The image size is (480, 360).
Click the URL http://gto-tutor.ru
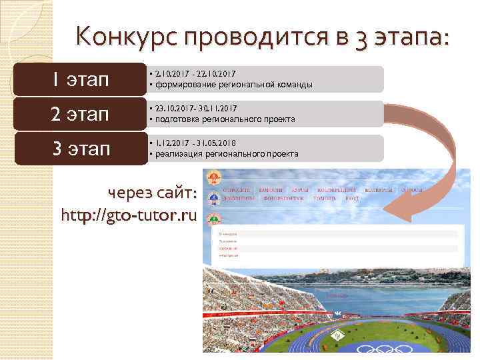(129, 216)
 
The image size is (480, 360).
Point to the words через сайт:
(152, 194)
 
